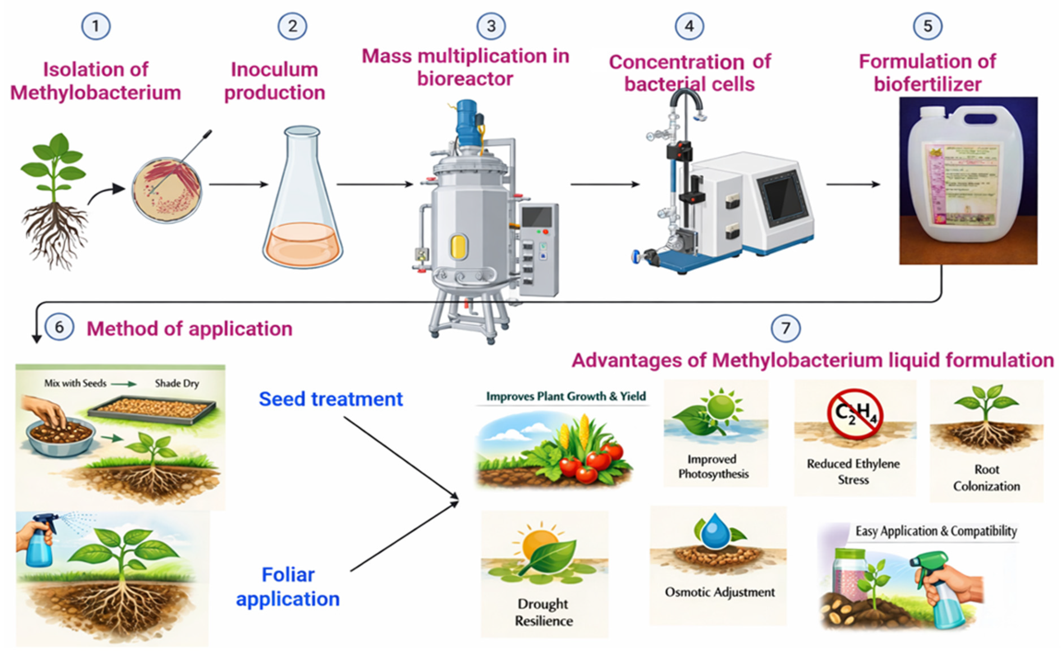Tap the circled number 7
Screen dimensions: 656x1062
(x=785, y=328)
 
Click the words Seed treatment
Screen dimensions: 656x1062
(x=331, y=399)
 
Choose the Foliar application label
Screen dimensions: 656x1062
(x=288, y=587)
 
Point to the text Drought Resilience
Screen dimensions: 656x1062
(x=544, y=612)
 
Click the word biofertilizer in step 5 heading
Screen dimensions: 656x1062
(x=927, y=84)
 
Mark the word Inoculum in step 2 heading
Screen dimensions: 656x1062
(x=274, y=69)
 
